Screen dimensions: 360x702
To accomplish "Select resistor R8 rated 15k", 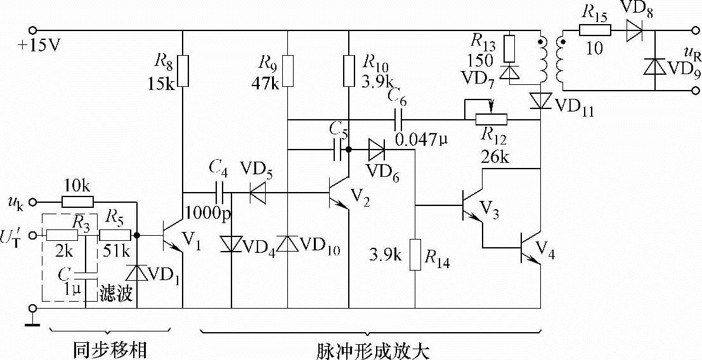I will coord(183,70).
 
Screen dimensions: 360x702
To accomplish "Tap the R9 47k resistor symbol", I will coord(288,70).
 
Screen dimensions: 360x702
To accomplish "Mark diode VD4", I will coord(231,244).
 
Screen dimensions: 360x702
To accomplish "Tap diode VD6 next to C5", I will coord(376,150).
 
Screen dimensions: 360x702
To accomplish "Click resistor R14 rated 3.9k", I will coord(415,254).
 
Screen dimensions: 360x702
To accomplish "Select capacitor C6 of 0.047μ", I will coord(399,119).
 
